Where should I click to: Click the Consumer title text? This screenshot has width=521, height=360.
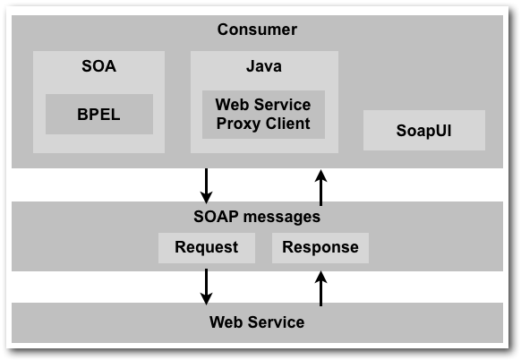tap(257, 30)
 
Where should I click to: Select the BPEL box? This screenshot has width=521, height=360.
tap(99, 114)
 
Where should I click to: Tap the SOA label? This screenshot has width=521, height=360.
tap(99, 65)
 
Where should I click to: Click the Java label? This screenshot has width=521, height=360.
tap(264, 65)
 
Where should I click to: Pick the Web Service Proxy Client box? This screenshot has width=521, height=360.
tap(263, 115)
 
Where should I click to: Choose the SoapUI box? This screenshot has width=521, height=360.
tap(424, 131)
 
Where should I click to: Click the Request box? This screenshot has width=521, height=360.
tap(207, 248)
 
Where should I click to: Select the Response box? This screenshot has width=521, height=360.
tap(320, 248)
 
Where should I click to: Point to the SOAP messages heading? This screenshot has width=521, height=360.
tap(257, 217)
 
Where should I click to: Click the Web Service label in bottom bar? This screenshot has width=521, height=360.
tap(257, 322)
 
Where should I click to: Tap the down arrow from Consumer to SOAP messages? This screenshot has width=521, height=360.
tap(206, 185)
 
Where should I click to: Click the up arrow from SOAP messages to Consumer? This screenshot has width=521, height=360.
tap(321, 187)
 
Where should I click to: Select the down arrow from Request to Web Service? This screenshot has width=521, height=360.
tap(206, 287)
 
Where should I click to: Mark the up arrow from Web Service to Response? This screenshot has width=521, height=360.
tap(321, 288)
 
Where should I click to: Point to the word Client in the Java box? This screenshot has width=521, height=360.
tap(287, 124)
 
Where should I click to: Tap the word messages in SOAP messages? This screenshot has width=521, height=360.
tap(282, 218)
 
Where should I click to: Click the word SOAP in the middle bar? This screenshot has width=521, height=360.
tap(217, 217)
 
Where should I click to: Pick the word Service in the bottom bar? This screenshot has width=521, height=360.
tap(276, 322)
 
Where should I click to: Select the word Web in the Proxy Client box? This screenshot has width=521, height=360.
tap(230, 105)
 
